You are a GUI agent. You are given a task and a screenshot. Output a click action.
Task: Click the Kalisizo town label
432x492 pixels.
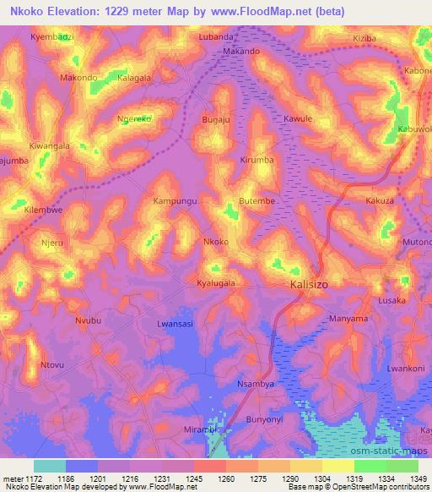pyautogui.click(x=309, y=285)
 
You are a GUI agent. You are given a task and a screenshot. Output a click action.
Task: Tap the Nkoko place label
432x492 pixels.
pyautogui.click(x=216, y=242)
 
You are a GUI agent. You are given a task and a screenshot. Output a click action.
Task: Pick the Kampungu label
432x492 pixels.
pyautogui.click(x=175, y=202)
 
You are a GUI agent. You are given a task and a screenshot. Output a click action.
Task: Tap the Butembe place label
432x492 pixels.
pyautogui.click(x=258, y=202)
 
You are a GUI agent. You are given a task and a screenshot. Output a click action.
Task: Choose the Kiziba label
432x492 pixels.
pyautogui.click(x=364, y=40)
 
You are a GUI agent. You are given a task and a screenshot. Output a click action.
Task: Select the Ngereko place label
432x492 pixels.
pyautogui.click(x=134, y=119)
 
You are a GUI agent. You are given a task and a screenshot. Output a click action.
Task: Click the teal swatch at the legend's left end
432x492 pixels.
pyautogui.click(x=49, y=466)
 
